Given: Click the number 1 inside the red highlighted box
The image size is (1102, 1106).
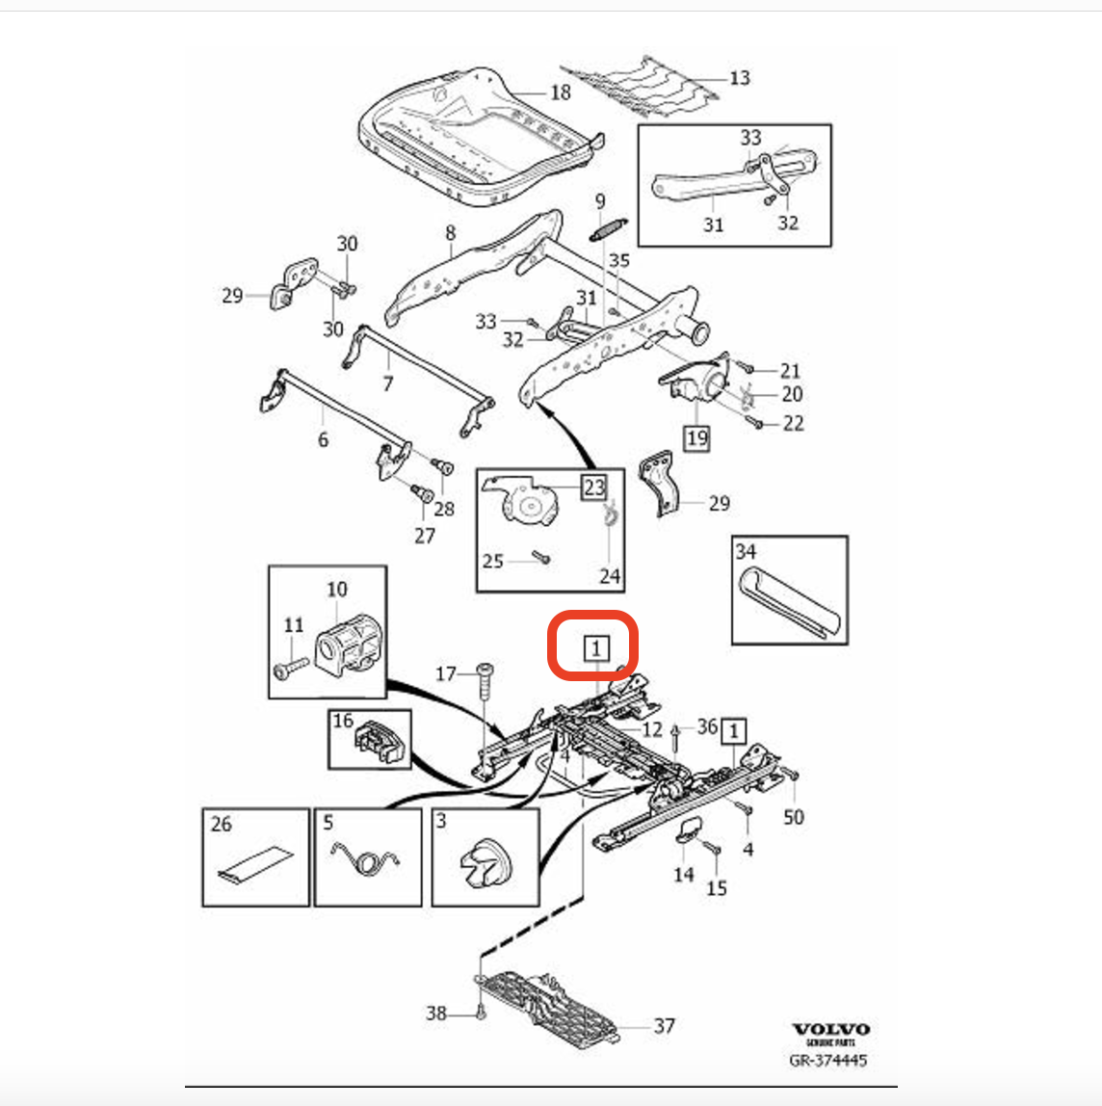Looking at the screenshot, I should pos(596,649).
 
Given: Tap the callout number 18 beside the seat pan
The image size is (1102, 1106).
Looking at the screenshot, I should pos(560,92).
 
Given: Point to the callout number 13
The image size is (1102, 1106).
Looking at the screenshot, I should pos(739,77).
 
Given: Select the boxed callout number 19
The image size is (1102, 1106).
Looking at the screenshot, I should pos(696,438).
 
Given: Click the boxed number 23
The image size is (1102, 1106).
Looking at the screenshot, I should pos(592,487).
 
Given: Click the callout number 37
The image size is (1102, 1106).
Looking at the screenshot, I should pos(664,1026).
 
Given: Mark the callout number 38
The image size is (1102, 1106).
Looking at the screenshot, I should pos(436,1013).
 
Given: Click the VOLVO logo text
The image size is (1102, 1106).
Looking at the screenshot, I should pos(830,1029).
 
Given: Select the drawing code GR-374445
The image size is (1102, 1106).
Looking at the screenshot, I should pos(827,1060).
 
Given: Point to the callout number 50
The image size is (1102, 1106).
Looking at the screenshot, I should pos(793,817).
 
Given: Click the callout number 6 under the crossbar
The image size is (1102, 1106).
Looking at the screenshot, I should pos(323,439).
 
